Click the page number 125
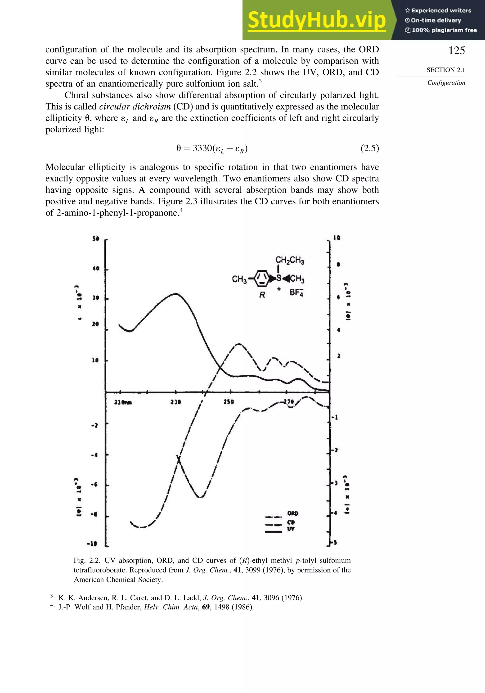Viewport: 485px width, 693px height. click(x=456, y=51)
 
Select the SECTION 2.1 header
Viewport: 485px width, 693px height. click(x=445, y=70)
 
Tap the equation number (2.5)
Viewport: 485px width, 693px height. click(x=369, y=148)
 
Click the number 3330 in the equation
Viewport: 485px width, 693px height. click(x=202, y=148)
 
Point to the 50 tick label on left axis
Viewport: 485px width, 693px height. click(x=96, y=239)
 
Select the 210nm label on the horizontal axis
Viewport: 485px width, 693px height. click(x=123, y=402)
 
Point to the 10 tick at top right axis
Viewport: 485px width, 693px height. click(x=337, y=238)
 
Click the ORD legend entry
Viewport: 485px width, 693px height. click(x=292, y=513)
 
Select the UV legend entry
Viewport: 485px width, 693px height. click(x=291, y=529)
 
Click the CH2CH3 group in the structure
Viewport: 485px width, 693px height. click(x=290, y=261)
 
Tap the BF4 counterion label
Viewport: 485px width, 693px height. click(x=296, y=292)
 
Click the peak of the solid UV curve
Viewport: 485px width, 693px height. click(x=176, y=293)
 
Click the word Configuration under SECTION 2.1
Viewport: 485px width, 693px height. click(x=446, y=83)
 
